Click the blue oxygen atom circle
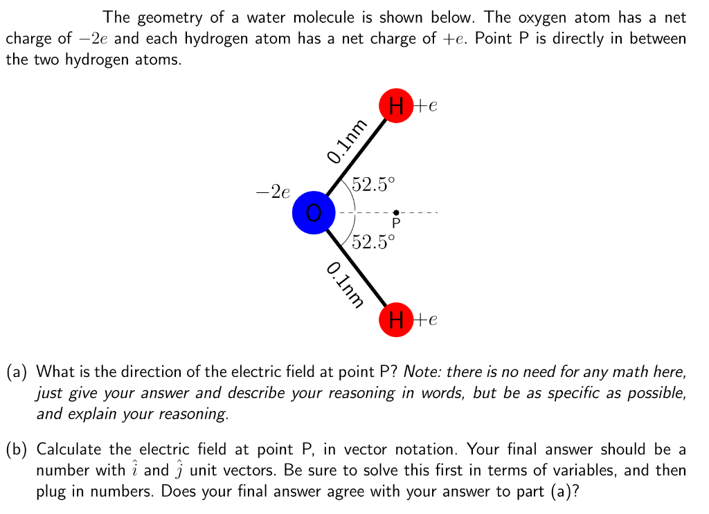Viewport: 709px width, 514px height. [313, 212]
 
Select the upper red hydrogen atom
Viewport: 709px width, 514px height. [396, 107]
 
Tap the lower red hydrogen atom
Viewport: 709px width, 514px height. [396, 319]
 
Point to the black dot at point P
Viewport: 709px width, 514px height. [396, 212]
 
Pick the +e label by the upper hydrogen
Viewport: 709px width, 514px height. [426, 107]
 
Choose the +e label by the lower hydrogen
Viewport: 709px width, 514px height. [426, 320]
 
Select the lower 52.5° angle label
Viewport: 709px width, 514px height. [374, 242]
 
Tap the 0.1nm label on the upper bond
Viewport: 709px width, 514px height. [347, 143]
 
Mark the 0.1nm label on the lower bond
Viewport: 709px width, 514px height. [345, 284]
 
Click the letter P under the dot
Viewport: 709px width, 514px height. [396, 224]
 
